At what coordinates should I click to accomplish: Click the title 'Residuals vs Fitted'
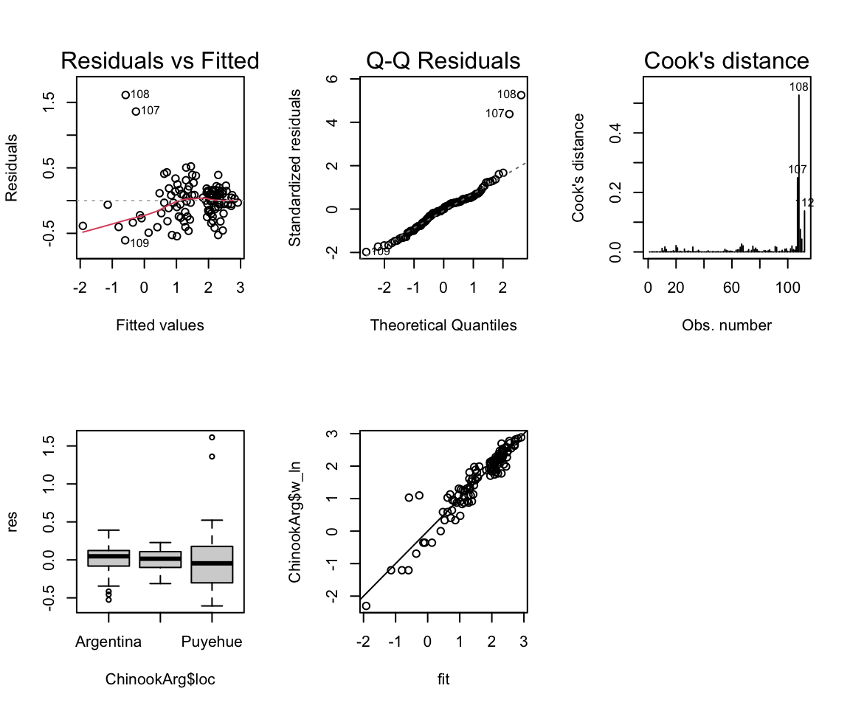pyautogui.click(x=160, y=61)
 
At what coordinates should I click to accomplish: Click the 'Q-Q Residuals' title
pyautogui.click(x=443, y=61)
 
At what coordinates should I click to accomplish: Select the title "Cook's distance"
pyautogui.click(x=727, y=61)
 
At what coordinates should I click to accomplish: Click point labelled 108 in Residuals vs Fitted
pyautogui.click(x=125, y=95)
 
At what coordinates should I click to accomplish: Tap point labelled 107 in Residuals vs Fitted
pyautogui.click(x=136, y=111)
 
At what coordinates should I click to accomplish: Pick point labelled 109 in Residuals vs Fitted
pyautogui.click(x=125, y=240)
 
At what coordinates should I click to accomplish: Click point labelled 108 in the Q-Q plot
pyautogui.click(x=521, y=95)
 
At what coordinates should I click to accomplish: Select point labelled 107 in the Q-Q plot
pyautogui.click(x=509, y=114)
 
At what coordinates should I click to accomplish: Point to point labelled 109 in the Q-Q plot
pyautogui.click(x=366, y=252)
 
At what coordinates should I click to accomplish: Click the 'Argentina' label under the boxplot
pyautogui.click(x=108, y=642)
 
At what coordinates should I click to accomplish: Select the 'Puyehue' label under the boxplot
pyautogui.click(x=212, y=642)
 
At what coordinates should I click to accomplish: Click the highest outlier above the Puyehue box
pyautogui.click(x=212, y=437)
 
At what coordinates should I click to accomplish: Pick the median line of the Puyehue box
pyautogui.click(x=212, y=563)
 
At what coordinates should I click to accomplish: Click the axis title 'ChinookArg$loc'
pyautogui.click(x=160, y=678)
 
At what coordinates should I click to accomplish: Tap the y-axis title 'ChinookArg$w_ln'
pyautogui.click(x=296, y=521)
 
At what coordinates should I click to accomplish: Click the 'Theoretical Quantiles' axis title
pyautogui.click(x=443, y=325)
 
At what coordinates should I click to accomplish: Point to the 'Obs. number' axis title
pyautogui.click(x=727, y=325)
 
